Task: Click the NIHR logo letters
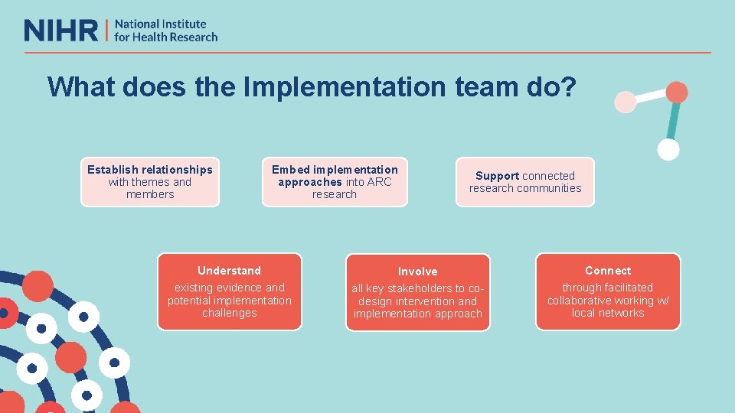click(61, 31)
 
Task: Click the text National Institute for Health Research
click(165, 31)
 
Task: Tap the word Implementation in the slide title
click(344, 87)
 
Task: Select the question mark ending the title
click(568, 87)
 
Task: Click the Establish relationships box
click(150, 182)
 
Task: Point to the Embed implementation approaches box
click(335, 182)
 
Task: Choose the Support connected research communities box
click(525, 182)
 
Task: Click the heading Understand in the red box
click(229, 271)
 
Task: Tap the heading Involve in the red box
click(418, 272)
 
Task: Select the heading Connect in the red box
click(608, 271)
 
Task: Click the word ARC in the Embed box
click(379, 182)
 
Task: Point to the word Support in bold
click(498, 176)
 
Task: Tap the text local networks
click(608, 313)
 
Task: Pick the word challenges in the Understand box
click(229, 313)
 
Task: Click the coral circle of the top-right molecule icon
click(677, 93)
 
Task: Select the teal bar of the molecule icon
click(673, 121)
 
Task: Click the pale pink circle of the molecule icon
click(626, 101)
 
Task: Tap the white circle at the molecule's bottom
click(668, 150)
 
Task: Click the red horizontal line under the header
click(367, 53)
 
